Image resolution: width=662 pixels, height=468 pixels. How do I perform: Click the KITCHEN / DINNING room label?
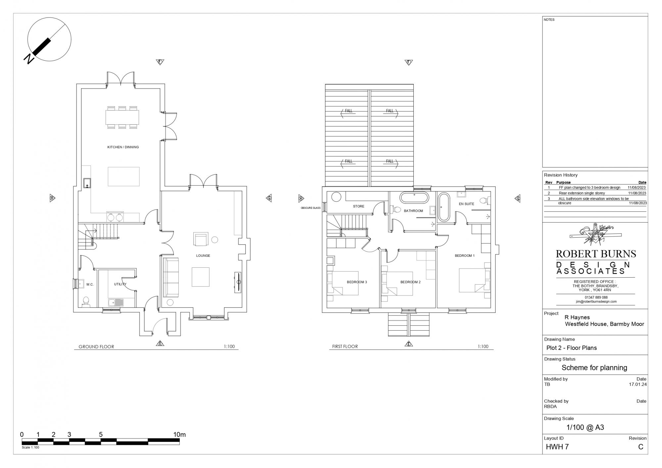(123, 147)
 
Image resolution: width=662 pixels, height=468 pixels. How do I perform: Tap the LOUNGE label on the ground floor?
(203, 256)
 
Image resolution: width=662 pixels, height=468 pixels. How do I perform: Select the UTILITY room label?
(120, 284)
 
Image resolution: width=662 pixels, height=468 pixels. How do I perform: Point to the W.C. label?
(90, 284)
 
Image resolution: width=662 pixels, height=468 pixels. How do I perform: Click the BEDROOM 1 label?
(465, 256)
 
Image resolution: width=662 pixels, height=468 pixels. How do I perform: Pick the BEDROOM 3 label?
(357, 282)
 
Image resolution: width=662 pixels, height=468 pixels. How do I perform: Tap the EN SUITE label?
(466, 204)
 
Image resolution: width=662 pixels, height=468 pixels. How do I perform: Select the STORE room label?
(358, 206)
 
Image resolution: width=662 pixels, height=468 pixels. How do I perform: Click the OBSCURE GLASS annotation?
(310, 208)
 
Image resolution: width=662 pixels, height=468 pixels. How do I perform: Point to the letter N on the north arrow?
(29, 59)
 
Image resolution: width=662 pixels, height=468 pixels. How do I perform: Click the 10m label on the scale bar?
(179, 435)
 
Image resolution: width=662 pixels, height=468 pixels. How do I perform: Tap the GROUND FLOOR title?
(96, 347)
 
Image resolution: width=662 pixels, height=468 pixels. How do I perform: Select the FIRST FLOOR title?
(345, 347)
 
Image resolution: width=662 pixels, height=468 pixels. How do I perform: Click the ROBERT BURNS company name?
(596, 254)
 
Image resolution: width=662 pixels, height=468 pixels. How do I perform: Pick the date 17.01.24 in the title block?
(638, 385)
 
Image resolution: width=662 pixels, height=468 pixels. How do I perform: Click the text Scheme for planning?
(594, 368)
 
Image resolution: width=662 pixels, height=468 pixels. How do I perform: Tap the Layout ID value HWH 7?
(557, 447)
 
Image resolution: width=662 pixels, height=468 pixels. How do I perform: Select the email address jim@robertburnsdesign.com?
(596, 302)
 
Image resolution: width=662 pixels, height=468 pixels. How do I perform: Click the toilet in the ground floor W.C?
(86, 302)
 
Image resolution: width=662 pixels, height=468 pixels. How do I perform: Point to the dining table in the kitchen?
(122, 117)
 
